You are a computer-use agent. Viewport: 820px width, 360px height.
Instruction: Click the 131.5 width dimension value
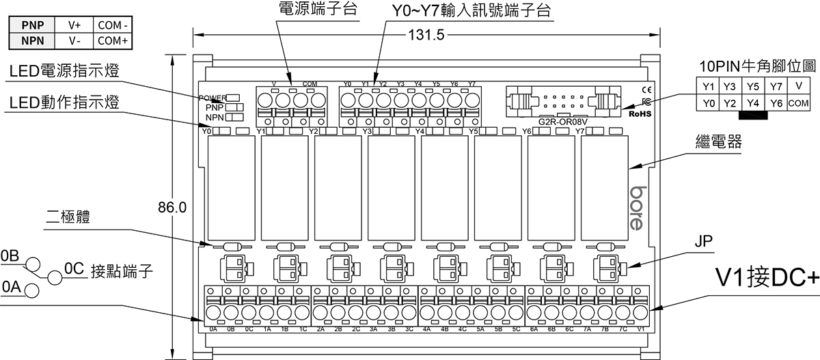426,35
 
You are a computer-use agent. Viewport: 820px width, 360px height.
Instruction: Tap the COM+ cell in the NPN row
113,40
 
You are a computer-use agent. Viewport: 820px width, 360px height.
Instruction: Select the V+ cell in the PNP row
74,25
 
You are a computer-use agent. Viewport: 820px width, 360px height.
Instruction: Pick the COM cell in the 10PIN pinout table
798,103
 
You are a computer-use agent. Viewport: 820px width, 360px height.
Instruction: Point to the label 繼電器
717,144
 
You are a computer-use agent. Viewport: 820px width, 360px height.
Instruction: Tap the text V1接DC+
765,278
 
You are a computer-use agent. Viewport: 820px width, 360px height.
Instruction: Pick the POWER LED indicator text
213,98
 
